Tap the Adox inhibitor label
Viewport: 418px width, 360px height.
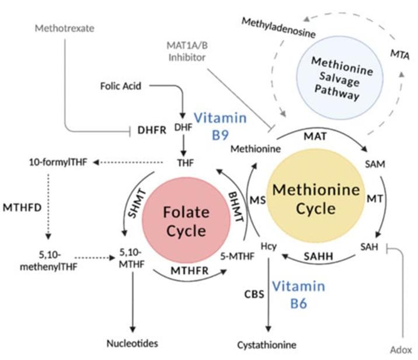[401, 349]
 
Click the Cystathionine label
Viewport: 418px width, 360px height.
[267, 345]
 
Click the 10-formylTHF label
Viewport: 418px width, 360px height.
[57, 161]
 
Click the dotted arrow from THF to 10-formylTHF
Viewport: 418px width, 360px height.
[130, 162]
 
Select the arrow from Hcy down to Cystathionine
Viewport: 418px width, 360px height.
[269, 298]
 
